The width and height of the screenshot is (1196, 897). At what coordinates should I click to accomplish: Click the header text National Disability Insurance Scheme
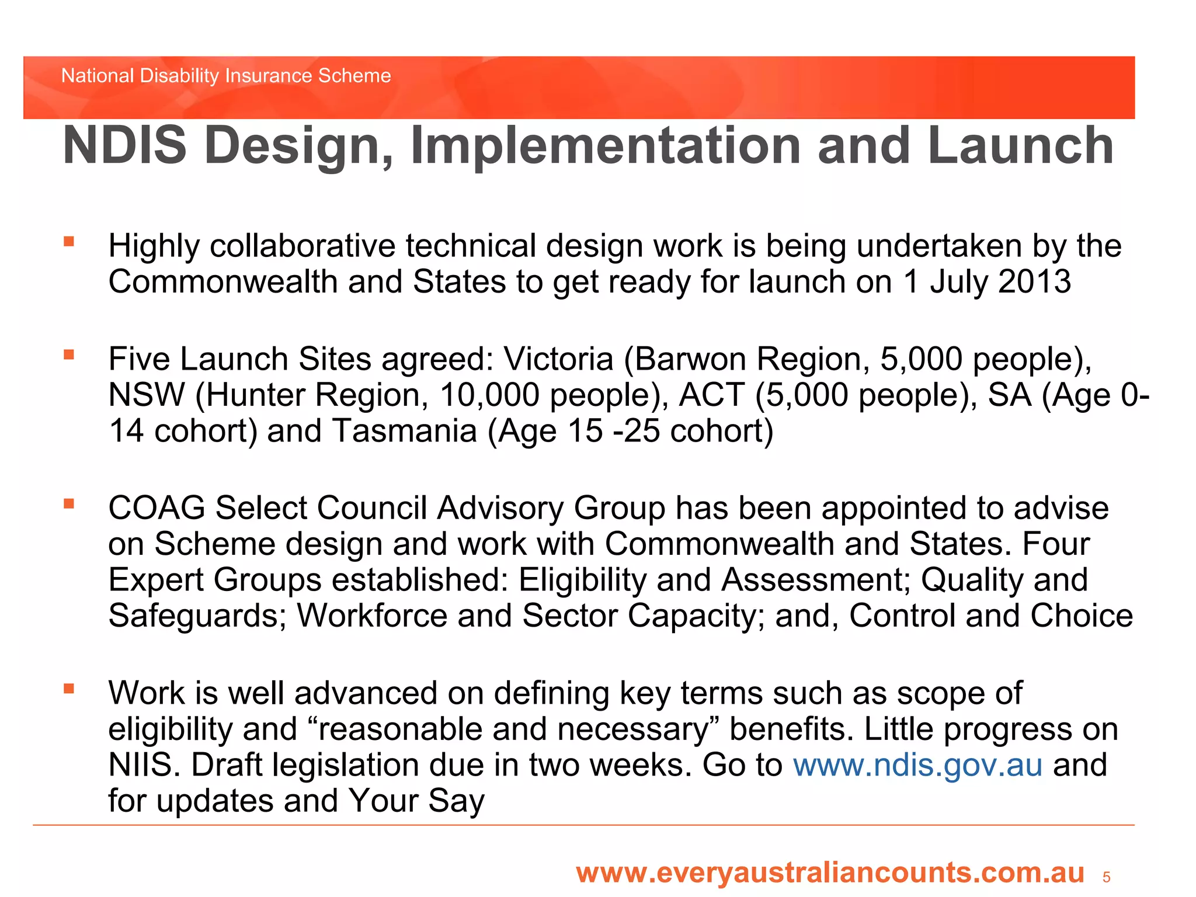click(x=226, y=76)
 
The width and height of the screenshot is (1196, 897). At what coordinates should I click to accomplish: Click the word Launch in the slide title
click(x=1021, y=146)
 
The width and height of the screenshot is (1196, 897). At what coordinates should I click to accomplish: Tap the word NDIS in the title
click(x=124, y=146)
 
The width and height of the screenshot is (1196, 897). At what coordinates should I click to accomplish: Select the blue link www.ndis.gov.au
click(x=917, y=765)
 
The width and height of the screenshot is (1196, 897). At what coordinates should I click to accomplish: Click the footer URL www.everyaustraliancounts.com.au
click(x=830, y=873)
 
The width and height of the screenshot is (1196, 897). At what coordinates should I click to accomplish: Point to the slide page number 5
click(x=1106, y=877)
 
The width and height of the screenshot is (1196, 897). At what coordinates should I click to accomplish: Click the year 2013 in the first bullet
click(x=1035, y=282)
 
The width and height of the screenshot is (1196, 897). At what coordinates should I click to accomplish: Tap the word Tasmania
click(x=405, y=432)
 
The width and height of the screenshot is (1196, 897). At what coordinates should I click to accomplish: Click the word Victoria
click(x=558, y=359)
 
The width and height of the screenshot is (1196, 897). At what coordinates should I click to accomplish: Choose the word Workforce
click(x=372, y=616)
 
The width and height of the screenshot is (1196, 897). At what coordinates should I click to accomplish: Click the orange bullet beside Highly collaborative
click(x=69, y=242)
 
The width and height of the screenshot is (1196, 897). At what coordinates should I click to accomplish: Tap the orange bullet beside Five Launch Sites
click(x=69, y=354)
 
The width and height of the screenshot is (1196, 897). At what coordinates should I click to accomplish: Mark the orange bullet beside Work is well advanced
click(x=69, y=689)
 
